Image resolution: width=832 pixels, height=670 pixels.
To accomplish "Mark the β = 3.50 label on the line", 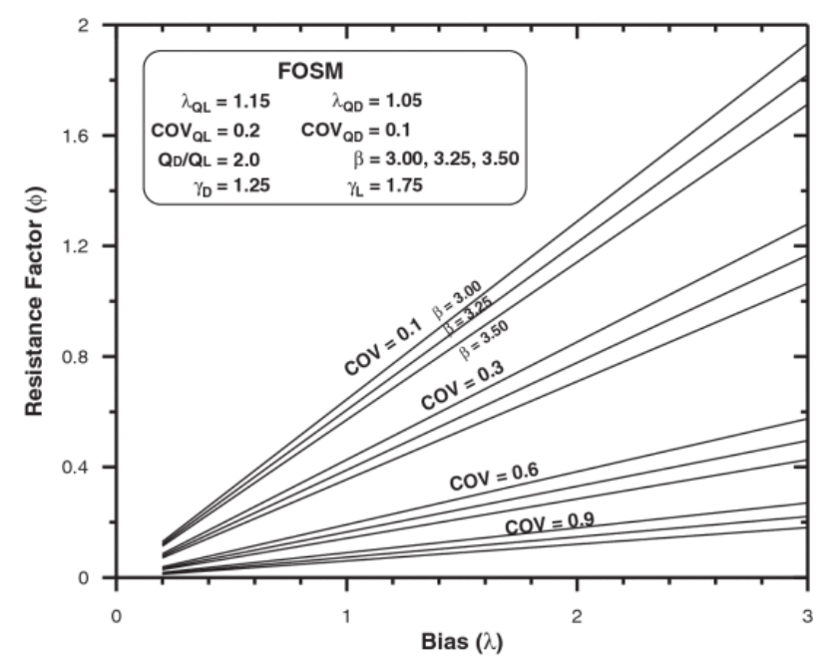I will pyautogui.click(x=483, y=344).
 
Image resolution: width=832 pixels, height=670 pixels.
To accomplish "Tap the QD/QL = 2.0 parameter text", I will pyautogui.click(x=207, y=159).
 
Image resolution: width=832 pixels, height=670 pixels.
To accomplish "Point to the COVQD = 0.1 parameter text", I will pyautogui.click(x=355, y=130).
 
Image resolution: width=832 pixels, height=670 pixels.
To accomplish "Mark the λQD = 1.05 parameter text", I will pyautogui.click(x=376, y=101).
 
